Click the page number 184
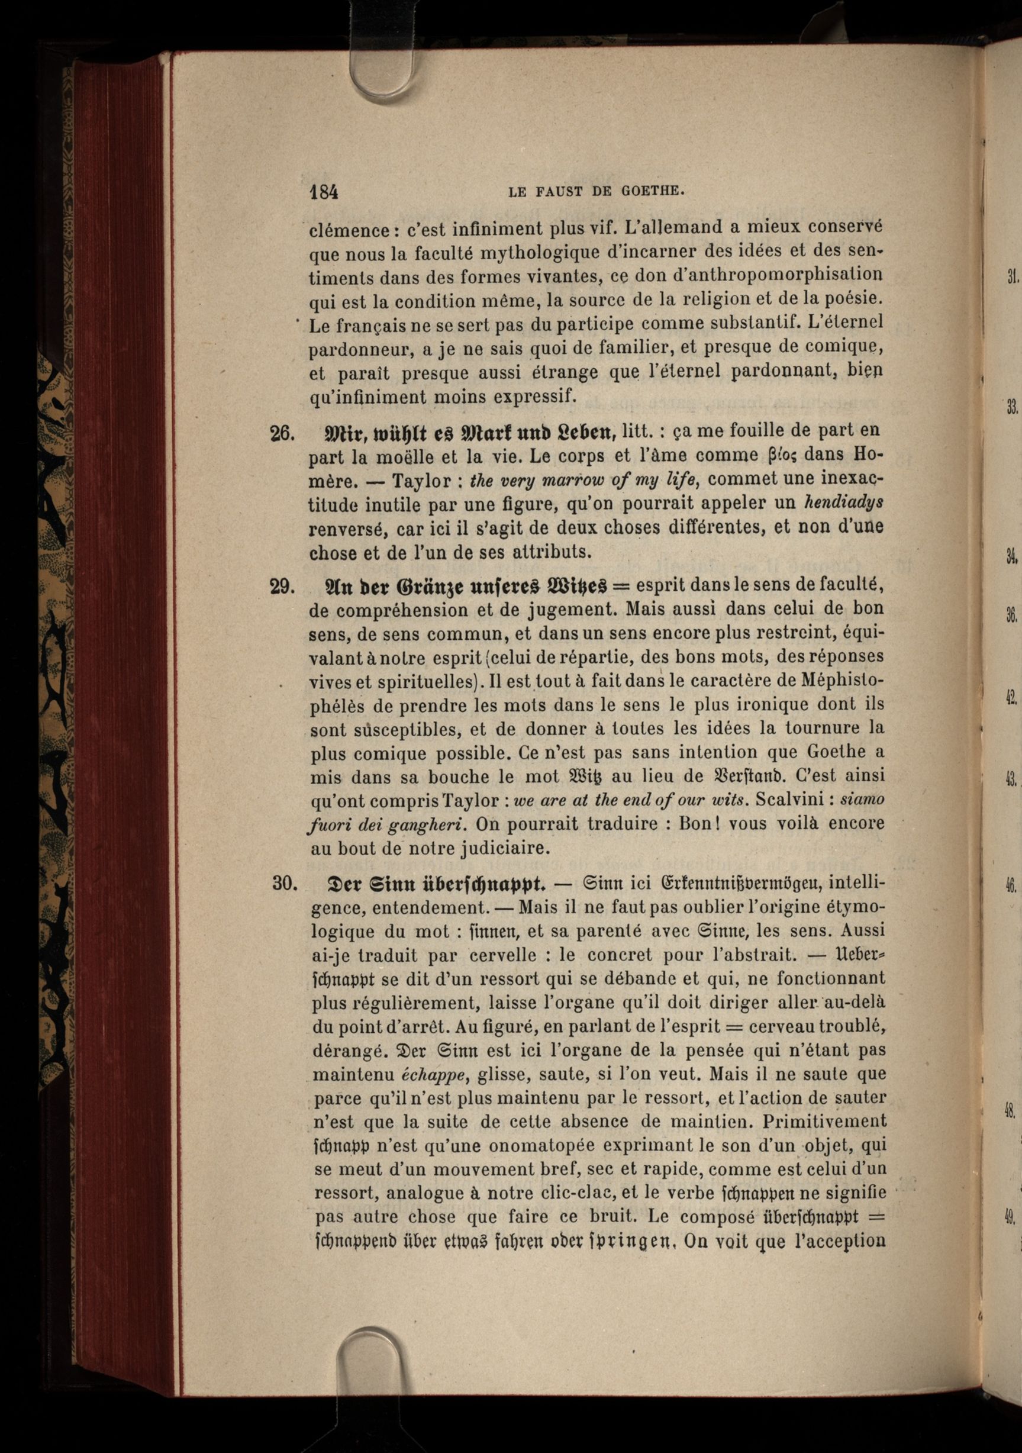pos(324,191)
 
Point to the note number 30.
pos(284,883)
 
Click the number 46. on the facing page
pos(1011,887)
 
